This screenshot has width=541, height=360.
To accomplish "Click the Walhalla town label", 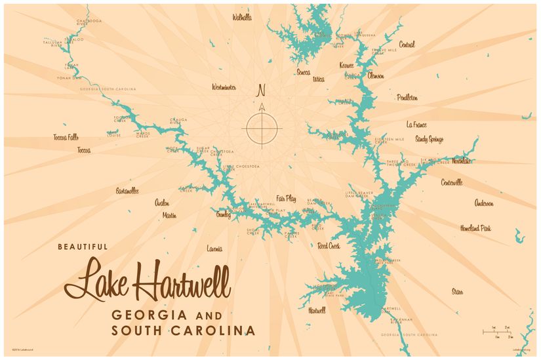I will point(242,18).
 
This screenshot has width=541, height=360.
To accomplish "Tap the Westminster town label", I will point(224,87).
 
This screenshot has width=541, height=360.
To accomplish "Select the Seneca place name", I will point(303,72).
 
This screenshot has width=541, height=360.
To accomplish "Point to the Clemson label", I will point(376,75).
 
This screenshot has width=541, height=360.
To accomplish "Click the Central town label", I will point(407,45).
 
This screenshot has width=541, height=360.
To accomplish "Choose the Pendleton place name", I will point(407,98).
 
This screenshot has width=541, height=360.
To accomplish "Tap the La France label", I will point(416,124).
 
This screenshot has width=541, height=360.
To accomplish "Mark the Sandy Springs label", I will point(429,139).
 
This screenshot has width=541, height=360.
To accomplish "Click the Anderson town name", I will point(484,203).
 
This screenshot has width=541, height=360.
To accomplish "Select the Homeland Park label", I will point(475,228).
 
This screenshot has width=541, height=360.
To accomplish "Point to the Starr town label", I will point(457,290).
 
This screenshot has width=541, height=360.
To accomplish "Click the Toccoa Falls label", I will point(66,137).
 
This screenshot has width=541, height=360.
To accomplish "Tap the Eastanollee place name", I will point(127,191).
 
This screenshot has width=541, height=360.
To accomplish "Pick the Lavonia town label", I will point(214,249).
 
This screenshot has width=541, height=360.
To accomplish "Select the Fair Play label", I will point(286,198).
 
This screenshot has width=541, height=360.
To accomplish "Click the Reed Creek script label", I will point(329,246).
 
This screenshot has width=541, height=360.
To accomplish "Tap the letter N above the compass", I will point(261,90).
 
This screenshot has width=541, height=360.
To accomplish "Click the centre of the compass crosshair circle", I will point(262,127).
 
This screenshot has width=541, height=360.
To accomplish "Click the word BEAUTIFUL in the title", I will point(82,247).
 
